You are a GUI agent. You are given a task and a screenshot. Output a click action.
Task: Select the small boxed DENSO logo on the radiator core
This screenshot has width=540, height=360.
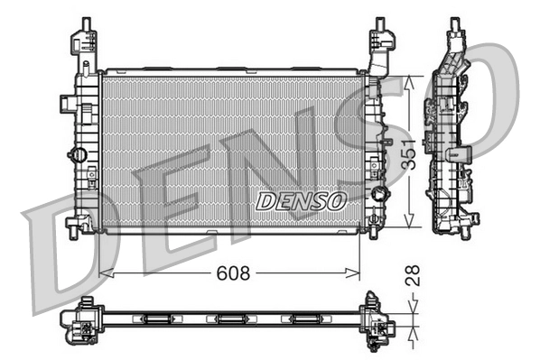(x=301, y=201)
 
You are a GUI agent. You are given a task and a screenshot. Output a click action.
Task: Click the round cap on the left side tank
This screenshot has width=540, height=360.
(x=79, y=154)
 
